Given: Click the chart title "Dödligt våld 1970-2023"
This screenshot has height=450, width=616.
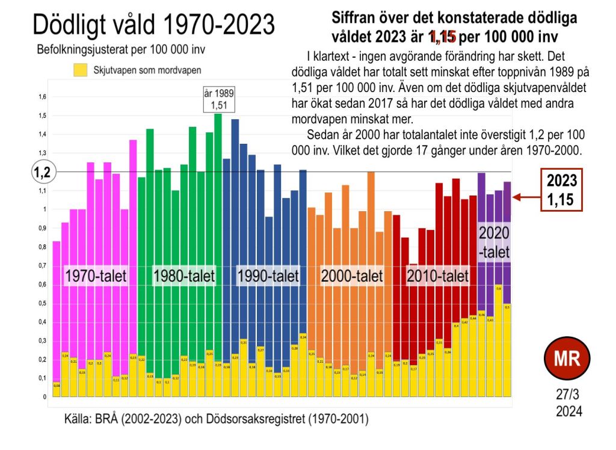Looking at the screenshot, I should coord(153,25).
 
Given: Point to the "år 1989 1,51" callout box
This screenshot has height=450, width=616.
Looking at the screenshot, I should coord(217,99).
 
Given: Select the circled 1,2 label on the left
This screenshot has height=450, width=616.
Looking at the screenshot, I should coord(42,172).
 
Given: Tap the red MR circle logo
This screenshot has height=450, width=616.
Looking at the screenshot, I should coord(566,360).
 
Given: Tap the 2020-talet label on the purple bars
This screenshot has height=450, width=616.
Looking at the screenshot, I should coord(494,242).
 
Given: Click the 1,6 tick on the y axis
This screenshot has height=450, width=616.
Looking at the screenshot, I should coord(42,97).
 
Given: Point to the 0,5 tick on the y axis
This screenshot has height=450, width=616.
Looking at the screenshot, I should coord(42,303).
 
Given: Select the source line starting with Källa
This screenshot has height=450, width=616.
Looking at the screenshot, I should coord(216,419).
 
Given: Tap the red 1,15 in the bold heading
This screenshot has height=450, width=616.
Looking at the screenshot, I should coord(443,37).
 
